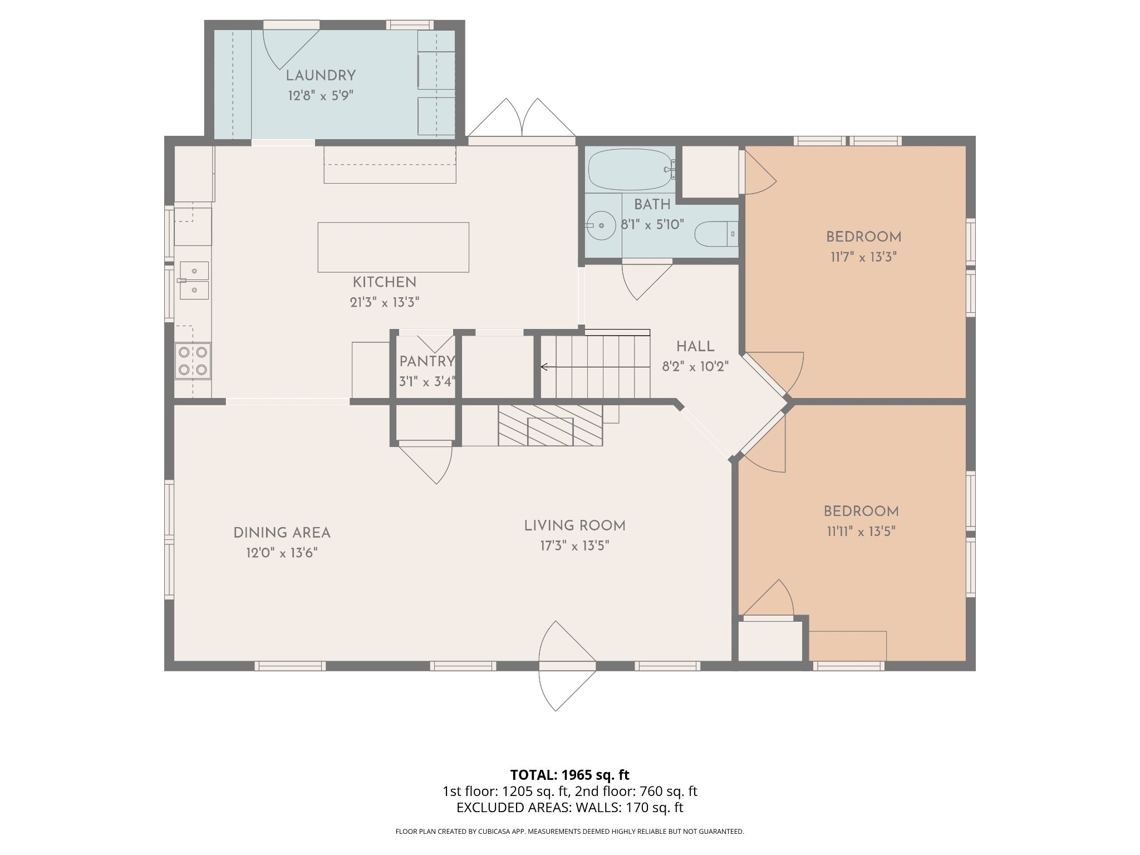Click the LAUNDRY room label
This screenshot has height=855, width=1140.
(321, 76)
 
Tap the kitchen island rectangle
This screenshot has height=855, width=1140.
(393, 247)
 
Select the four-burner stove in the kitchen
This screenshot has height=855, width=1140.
(193, 361)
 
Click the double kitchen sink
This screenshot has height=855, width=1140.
(193, 281)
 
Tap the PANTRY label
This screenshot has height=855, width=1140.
(427, 361)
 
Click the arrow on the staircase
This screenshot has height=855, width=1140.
(595, 367)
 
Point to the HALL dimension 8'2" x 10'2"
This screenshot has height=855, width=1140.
(695, 367)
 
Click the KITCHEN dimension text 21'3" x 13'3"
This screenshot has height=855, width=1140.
(384, 302)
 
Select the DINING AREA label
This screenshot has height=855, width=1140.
(282, 533)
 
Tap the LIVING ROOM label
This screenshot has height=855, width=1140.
(574, 526)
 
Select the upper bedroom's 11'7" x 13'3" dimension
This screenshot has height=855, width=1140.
(863, 257)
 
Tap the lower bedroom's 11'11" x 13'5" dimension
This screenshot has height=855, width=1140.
(861, 532)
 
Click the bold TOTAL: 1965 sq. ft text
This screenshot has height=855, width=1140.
(569, 775)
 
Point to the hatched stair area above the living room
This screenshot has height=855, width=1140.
(550, 425)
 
